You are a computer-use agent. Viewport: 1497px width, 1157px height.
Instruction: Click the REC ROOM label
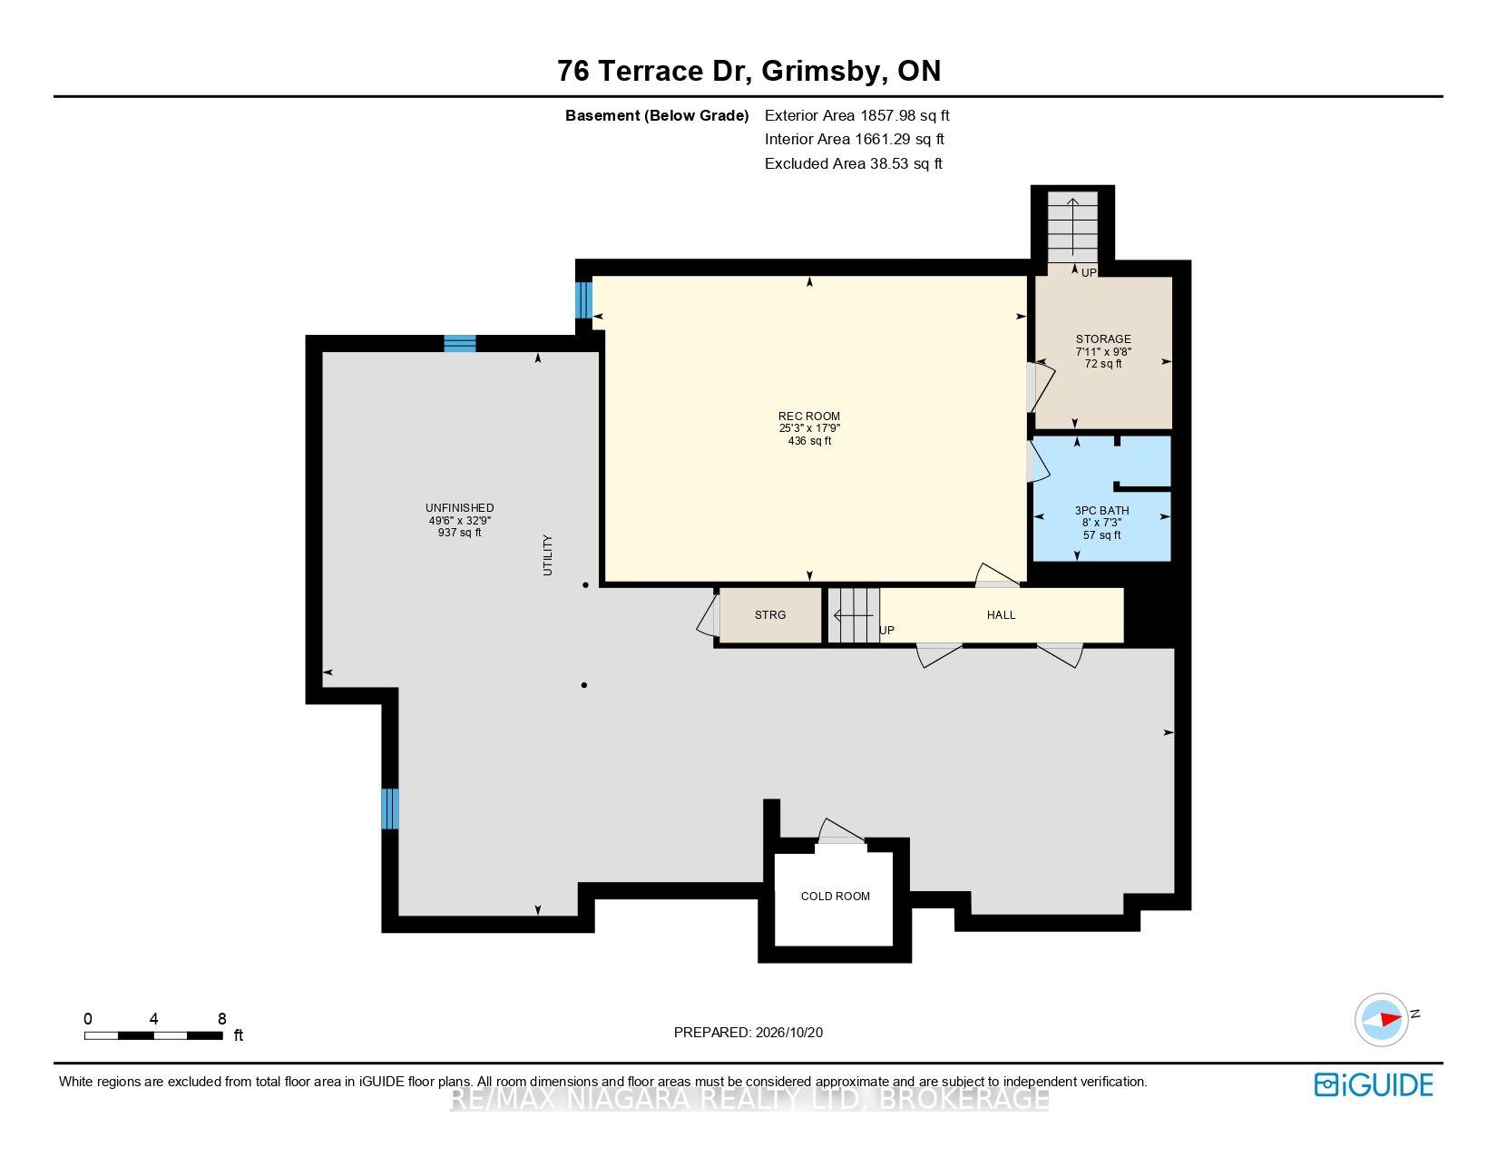[808, 417]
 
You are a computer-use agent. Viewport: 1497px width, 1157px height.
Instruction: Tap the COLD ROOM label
[835, 896]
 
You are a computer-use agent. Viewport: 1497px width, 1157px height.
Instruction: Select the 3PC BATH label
[1101, 511]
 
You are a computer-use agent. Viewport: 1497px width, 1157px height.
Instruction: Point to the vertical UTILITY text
[548, 554]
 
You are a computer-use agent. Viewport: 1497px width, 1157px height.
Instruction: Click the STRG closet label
[770, 614]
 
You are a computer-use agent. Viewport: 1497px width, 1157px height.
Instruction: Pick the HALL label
[1001, 614]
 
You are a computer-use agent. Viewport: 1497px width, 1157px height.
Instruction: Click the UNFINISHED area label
[459, 508]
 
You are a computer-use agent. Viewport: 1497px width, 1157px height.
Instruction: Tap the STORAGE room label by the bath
[1103, 339]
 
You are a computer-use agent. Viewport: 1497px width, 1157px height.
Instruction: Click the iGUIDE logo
[1373, 1084]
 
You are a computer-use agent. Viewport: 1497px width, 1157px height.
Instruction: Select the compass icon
[1381, 1020]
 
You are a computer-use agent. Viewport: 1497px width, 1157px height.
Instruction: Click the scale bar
[153, 1035]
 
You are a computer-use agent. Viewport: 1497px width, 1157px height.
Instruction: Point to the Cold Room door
[840, 831]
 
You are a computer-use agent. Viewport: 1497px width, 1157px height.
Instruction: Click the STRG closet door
[709, 614]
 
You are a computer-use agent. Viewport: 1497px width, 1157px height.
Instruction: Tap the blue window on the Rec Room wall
[583, 299]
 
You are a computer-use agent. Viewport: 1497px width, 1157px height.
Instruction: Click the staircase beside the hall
[854, 615]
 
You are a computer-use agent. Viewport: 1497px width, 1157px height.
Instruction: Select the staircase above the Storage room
[1072, 228]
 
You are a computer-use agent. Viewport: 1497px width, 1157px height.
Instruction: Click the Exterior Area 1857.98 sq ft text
[857, 116]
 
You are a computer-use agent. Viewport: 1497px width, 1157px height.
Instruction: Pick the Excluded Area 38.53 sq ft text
[854, 164]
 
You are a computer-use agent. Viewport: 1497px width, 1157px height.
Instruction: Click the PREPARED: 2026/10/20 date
[748, 1033]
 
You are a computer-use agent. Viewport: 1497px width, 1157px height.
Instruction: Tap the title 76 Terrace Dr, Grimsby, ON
[748, 71]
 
